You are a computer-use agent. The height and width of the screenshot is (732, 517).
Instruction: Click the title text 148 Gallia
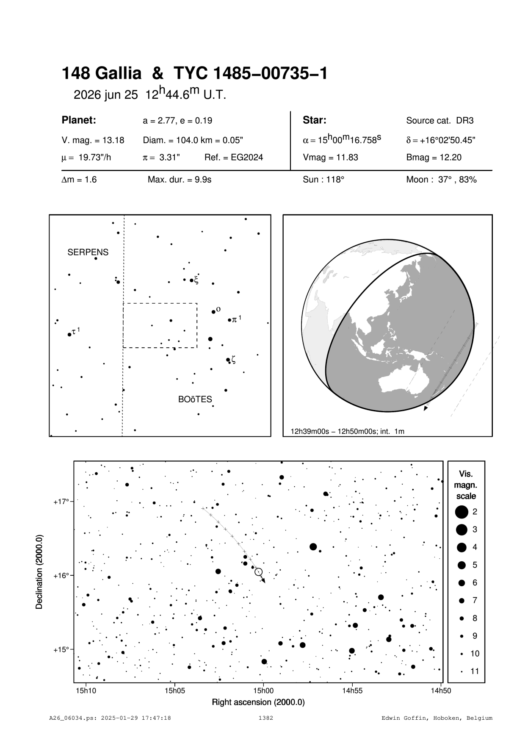[x=102, y=74]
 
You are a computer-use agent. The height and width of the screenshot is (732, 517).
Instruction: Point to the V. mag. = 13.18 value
[x=93, y=140]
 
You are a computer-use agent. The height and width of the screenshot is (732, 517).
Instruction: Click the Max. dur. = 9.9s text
[x=180, y=180]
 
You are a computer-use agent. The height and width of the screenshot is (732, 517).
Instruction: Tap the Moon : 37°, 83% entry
[x=441, y=180]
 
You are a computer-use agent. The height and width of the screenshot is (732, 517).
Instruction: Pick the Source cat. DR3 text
[x=440, y=120]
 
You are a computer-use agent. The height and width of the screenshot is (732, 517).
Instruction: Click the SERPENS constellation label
[x=88, y=252]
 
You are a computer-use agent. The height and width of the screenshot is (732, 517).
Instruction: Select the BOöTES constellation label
[x=195, y=399]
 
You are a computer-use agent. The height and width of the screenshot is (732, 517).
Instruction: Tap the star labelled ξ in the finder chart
[x=191, y=280]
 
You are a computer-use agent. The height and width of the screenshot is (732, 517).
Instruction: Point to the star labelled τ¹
[x=69, y=335]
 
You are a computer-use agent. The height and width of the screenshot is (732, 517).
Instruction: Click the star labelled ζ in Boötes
[x=228, y=360]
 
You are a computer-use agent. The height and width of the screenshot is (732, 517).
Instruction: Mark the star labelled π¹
[x=229, y=320]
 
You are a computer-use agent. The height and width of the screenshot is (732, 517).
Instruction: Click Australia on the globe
[x=402, y=381]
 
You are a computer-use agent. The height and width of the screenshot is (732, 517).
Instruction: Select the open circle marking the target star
[x=259, y=572]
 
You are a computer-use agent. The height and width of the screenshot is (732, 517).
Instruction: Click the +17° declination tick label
[x=61, y=502]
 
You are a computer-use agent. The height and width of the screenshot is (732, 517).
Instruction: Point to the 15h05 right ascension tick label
[x=174, y=690]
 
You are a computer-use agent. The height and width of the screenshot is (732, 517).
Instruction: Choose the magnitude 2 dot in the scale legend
[x=462, y=512]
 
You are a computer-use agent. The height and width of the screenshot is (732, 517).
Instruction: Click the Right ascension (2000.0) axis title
[x=258, y=702]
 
